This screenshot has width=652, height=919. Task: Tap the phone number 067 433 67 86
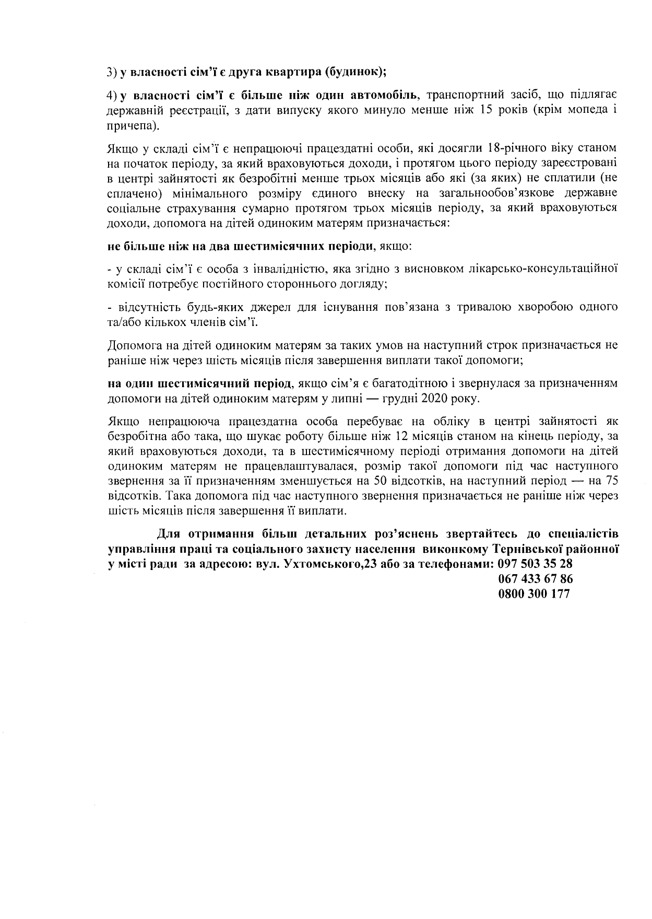(x=535, y=579)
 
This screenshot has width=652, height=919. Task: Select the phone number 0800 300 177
(x=534, y=594)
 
